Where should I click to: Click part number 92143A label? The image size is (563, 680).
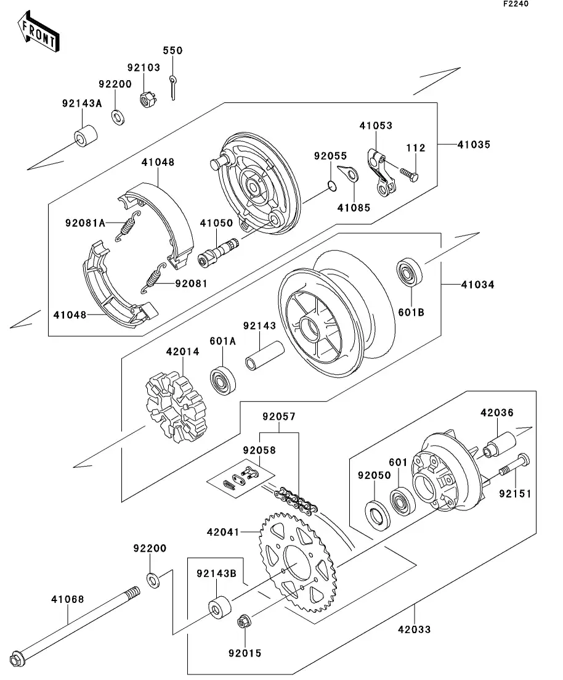pos(81,104)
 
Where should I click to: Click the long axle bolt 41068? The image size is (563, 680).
pos(77,623)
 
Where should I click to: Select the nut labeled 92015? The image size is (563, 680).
pos(243,621)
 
